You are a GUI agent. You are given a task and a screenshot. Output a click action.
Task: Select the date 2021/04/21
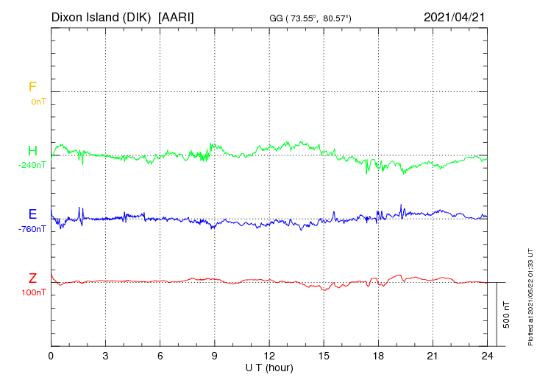455,16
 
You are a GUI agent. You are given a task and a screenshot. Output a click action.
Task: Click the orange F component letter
32,87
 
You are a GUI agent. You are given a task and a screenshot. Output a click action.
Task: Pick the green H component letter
32,151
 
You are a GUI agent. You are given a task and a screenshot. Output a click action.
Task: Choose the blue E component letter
32,214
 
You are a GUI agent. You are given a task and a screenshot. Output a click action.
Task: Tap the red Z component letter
32,278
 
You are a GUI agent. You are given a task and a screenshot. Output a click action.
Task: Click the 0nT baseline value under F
38,101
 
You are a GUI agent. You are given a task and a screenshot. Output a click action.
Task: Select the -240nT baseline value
32,165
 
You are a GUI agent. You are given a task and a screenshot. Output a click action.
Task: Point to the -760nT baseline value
32,228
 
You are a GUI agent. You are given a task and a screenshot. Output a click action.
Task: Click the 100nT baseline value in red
34,292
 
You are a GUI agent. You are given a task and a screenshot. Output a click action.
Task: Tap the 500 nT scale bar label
506,315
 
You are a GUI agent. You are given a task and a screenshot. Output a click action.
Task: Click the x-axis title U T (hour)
270,368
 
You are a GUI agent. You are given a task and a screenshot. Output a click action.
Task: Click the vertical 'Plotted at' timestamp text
530,296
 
